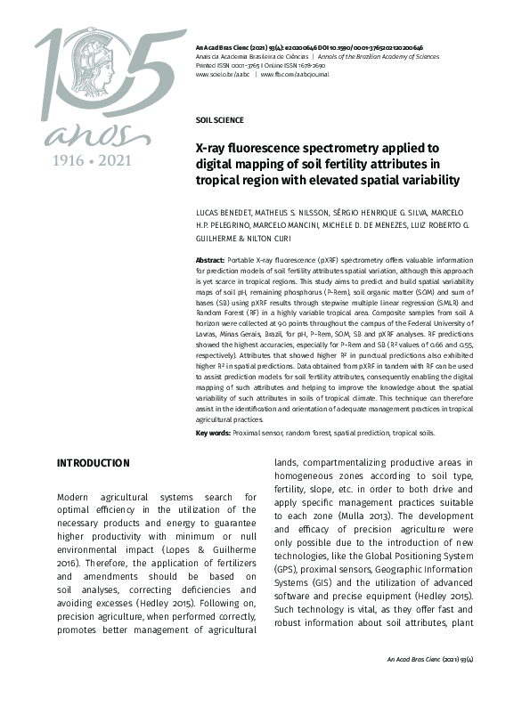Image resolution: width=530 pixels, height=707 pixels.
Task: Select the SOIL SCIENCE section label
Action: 219,119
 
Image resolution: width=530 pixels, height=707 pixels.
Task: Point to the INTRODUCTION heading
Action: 93,463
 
